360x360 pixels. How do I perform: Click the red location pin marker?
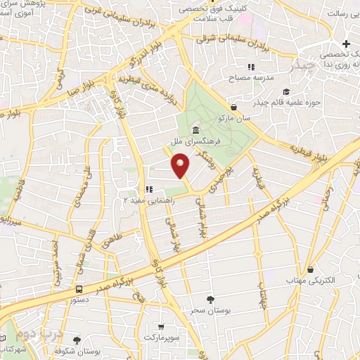181,166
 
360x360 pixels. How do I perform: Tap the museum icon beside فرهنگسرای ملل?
194,131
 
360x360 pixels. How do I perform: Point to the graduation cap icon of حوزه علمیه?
285,92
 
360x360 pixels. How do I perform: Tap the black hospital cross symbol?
346,44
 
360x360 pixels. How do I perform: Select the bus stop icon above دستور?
79,288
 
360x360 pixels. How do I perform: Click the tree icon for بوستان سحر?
211,300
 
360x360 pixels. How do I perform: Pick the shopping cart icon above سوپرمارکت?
162,326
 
